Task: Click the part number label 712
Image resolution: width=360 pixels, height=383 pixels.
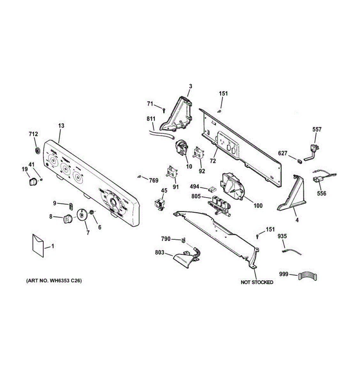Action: click(33, 134)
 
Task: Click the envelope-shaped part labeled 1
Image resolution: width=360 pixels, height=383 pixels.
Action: click(38, 245)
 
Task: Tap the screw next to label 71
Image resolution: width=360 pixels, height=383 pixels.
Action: click(164, 110)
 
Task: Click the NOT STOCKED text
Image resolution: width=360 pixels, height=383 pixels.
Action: click(257, 282)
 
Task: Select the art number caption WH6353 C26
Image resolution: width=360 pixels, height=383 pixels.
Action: click(54, 281)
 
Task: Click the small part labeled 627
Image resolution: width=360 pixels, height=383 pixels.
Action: click(300, 161)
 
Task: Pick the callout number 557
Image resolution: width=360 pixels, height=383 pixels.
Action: click(317, 130)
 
